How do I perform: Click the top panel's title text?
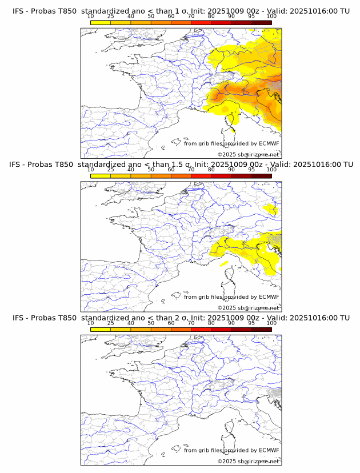coord(181,11)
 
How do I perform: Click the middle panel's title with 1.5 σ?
coord(181,165)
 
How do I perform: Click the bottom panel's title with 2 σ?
coord(181,318)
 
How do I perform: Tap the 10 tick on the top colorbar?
coord(91,16)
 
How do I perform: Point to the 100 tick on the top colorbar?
coord(271,16)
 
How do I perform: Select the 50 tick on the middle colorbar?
coord(151,170)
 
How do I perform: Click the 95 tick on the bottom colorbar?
coord(251,323)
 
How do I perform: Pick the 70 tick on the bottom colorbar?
coord(191,323)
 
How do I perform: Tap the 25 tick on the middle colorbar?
coord(111,170)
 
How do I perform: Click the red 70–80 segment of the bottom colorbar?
coord(201,330)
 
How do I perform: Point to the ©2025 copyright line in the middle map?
coord(248,308)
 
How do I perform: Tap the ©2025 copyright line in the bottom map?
coord(248,461)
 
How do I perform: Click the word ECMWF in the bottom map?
coord(269,450)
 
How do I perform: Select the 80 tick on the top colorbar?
coord(211,16)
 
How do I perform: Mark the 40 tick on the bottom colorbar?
coord(131,323)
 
